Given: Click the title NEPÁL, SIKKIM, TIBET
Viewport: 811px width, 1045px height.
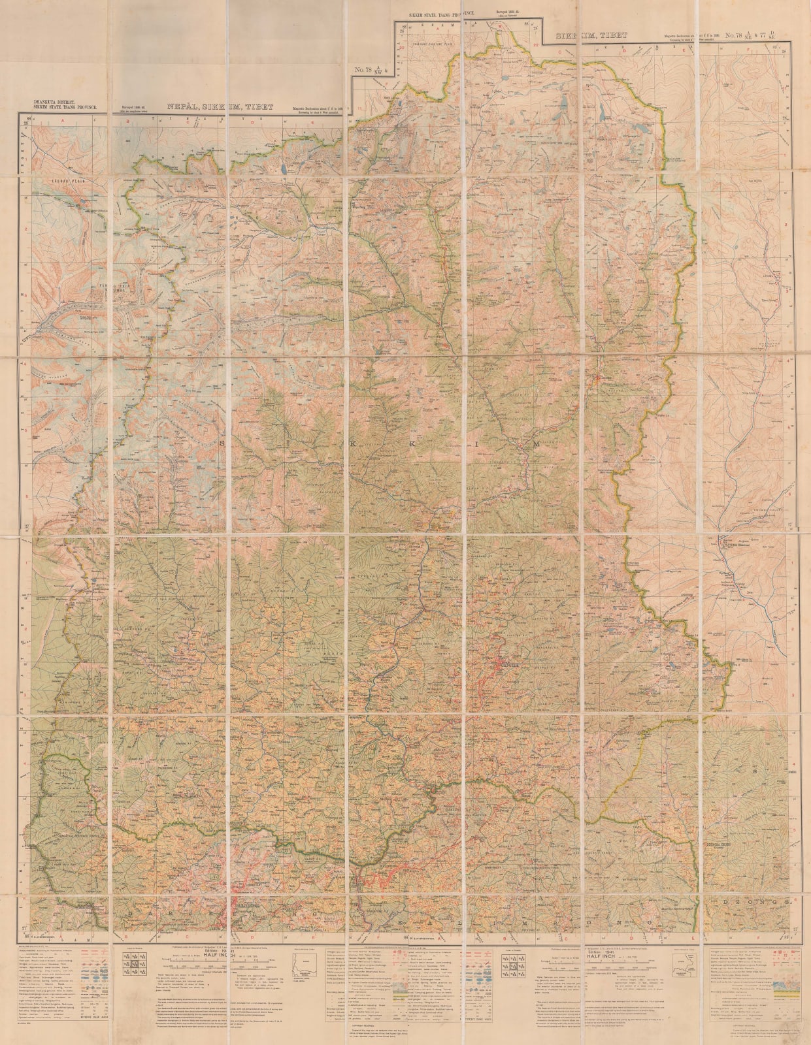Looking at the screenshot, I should click(220, 108).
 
